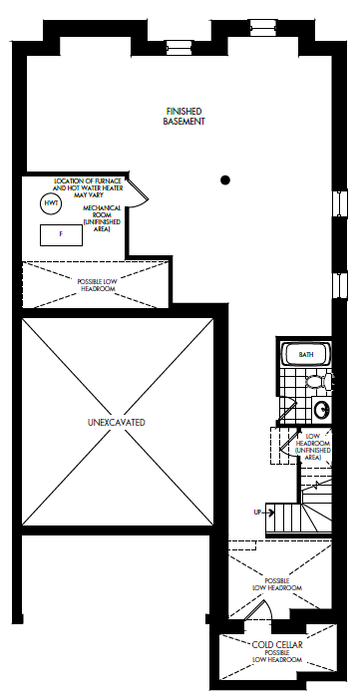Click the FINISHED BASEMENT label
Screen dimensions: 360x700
(183, 116)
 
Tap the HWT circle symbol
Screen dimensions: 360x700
(51, 203)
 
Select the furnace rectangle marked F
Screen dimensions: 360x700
(61, 235)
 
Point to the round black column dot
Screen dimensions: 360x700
(225, 179)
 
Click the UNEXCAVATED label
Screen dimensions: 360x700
(117, 422)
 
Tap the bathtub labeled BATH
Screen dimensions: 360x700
(306, 355)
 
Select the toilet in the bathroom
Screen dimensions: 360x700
(318, 381)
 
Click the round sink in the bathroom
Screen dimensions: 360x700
(321, 410)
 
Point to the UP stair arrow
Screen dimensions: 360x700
(264, 513)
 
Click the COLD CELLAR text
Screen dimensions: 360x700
(277, 644)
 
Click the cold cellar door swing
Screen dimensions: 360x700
(258, 609)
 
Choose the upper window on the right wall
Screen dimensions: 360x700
(341, 203)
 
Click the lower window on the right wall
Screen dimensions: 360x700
(341, 285)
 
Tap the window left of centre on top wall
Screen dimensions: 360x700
(177, 47)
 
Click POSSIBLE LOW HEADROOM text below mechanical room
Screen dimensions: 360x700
(96, 285)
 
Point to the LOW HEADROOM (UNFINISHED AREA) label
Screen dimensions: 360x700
(313, 447)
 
